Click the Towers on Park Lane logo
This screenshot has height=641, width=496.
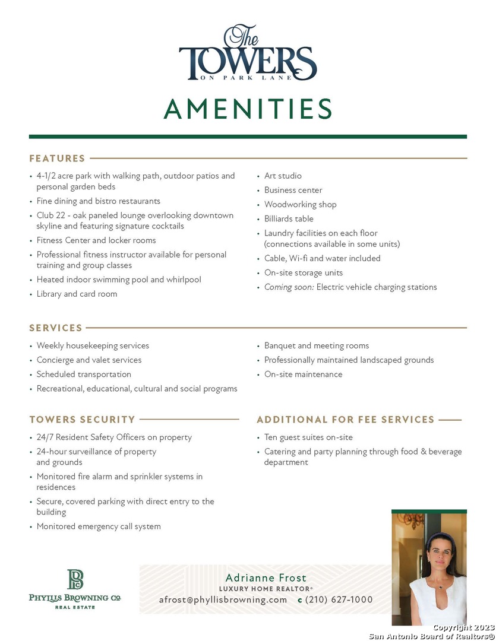248,53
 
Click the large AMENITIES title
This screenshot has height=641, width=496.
248,109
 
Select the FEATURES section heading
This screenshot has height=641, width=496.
57,158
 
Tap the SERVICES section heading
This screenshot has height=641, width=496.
56,328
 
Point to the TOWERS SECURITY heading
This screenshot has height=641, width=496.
83,420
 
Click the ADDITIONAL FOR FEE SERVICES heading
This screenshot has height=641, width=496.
345,420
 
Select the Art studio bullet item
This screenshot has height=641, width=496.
283,176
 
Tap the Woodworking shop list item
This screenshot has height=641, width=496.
300,204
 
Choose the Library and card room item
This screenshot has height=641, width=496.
77,294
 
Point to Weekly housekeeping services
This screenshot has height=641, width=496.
93,345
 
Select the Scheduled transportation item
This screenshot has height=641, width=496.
84,374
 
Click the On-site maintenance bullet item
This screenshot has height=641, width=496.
303,374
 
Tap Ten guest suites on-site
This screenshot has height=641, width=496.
308,437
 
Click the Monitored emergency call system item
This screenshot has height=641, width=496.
99,526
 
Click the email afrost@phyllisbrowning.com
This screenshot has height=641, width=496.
223,599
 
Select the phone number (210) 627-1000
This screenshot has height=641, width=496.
339,599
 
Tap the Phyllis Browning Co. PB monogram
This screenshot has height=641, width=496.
75,579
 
